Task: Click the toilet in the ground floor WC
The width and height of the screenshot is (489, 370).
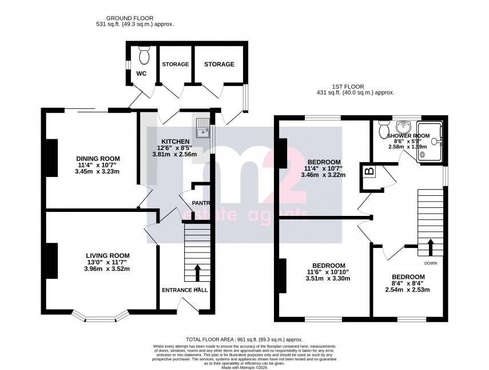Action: (144, 54)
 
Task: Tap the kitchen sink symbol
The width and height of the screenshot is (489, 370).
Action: (203, 129)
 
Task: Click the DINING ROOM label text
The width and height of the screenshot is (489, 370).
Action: (98, 159)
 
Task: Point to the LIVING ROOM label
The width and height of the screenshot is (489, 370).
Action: (108, 255)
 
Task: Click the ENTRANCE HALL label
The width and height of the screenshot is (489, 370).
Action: (185, 290)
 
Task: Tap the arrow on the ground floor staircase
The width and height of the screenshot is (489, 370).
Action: (198, 272)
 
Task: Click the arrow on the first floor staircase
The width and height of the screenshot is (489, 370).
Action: (431, 246)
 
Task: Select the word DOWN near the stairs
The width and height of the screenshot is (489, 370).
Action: (431, 263)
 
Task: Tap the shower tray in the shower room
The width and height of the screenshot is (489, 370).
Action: (431, 141)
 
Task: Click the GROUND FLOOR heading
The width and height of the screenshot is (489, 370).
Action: (134, 18)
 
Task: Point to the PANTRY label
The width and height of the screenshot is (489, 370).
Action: (200, 203)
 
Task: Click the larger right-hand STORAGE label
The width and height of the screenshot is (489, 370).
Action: (220, 64)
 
